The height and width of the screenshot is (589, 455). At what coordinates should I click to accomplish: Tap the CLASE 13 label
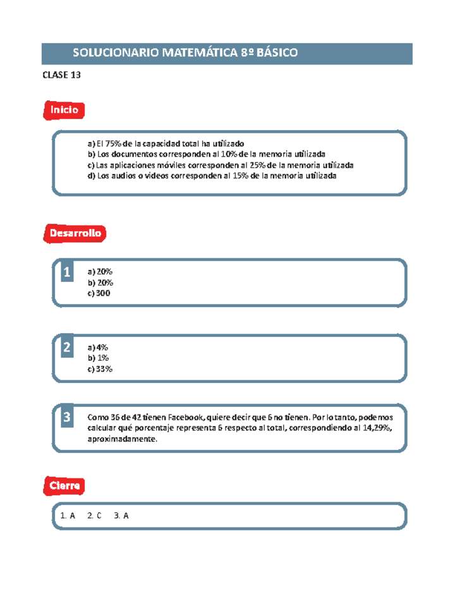pyautogui.click(x=61, y=76)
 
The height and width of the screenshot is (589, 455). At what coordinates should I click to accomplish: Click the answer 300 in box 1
pyautogui.click(x=103, y=293)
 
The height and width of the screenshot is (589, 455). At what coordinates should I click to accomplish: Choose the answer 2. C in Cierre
pyautogui.click(x=94, y=516)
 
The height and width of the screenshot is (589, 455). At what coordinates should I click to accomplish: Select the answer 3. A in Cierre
pyautogui.click(x=122, y=516)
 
